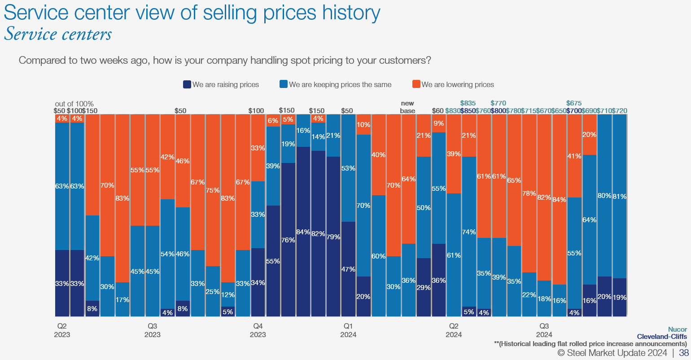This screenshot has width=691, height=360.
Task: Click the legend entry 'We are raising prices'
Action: coord(221,84)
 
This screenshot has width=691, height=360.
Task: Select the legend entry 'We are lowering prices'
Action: coord(453,84)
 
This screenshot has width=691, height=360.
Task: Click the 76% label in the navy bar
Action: coord(288,240)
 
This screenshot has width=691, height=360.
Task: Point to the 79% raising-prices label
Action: coord(333,237)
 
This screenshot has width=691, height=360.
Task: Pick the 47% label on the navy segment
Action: coord(348,269)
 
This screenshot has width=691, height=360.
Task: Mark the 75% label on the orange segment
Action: coord(213,190)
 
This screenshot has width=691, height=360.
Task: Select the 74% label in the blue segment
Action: coord(469,232)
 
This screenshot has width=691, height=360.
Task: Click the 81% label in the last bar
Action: coord(620,196)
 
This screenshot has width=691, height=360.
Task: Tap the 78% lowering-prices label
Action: coord(529,193)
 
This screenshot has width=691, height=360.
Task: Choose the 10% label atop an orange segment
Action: coord(363,125)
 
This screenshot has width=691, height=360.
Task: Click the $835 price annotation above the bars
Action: coord(468,103)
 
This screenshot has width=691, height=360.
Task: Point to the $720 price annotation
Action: coord(619,111)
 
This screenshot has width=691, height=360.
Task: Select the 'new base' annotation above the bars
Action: coord(407,107)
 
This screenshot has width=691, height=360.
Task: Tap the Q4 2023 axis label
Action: coord(258,330)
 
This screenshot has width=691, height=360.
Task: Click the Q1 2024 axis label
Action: coord(348,330)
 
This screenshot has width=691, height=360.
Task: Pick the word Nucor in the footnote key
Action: coord(677,329)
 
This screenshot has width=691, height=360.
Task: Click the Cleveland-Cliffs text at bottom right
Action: coord(661,337)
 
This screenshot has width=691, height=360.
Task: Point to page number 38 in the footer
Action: coord(684,353)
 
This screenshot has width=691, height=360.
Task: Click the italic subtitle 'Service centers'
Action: coord(58,35)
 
